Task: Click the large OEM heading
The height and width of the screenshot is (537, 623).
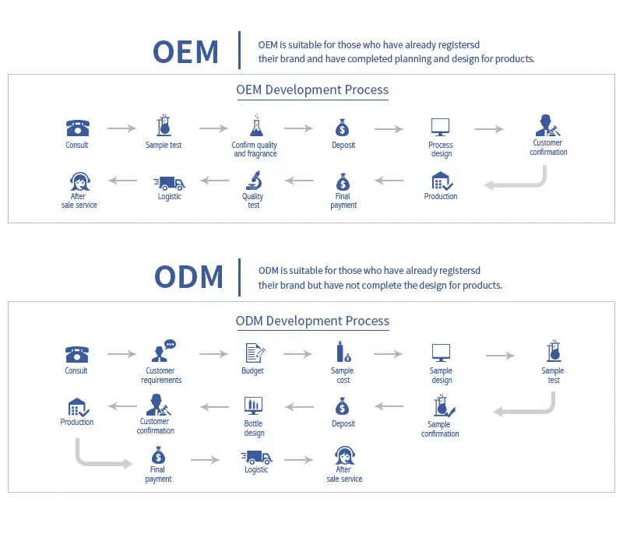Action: coord(186,51)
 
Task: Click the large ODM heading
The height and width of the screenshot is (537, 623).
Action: coord(188,277)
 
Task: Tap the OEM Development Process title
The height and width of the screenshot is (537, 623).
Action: coord(312,89)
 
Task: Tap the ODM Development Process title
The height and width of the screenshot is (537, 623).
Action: coord(312,321)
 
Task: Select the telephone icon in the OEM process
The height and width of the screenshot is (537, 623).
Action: coord(77,128)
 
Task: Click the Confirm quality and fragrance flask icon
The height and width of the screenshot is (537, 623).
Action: coord(255,127)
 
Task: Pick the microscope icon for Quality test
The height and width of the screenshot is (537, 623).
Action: coord(254,181)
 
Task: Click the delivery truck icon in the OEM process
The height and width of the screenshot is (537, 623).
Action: coord(170,182)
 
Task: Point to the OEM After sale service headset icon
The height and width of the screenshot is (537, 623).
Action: coord(79,181)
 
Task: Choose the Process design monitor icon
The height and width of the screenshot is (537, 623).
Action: coord(441,128)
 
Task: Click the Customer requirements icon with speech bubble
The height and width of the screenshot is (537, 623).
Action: coord(162,352)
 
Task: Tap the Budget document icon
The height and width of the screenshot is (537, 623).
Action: coord(254,353)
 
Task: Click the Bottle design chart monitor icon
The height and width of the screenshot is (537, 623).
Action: coord(254,405)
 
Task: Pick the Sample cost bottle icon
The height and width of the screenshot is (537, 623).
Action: coord(342,353)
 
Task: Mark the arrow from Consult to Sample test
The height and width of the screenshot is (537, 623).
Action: coord(121,128)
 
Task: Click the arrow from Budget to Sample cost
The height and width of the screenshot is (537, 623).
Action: coord(297,354)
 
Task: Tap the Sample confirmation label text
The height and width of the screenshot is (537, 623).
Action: coord(440,429)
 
